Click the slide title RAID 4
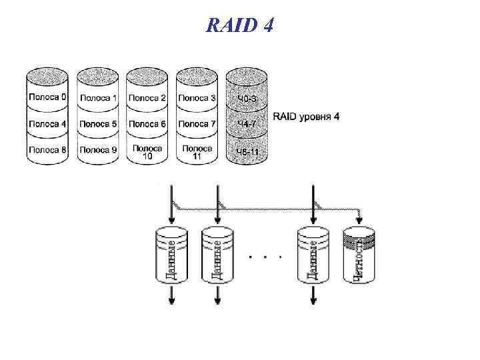[239, 26]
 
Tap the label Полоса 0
[47, 97]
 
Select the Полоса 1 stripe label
[97, 98]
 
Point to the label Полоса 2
[147, 98]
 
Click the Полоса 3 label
[197, 98]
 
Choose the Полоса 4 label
[47, 124]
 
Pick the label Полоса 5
[97, 124]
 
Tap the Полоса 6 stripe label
[147, 124]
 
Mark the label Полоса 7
[197, 124]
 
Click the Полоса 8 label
[47, 150]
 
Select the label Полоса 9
[97, 150]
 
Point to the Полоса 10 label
[147, 152]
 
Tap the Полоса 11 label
[197, 152]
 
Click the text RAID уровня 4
[306, 117]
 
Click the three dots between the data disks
[265, 256]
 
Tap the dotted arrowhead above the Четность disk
[361, 217]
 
